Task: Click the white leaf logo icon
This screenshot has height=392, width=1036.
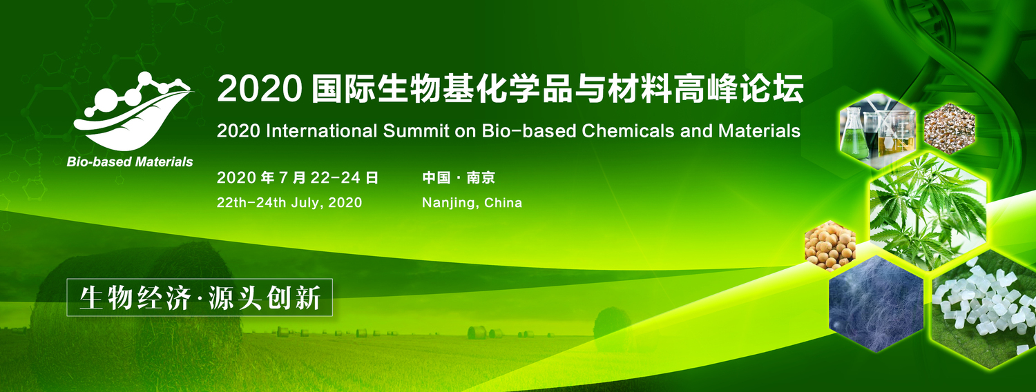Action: tap(131, 114)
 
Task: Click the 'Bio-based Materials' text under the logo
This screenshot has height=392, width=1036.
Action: tap(130, 162)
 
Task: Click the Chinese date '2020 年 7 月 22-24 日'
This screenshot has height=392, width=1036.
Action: tap(298, 178)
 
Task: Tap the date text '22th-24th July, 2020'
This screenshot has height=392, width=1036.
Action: tap(289, 203)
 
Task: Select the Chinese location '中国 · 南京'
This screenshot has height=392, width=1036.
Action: tap(459, 178)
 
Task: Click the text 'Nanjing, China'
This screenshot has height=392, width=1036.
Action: tap(472, 203)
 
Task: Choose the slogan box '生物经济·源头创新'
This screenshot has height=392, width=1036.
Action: tap(200, 297)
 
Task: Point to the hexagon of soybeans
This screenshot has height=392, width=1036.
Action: tap(830, 245)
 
